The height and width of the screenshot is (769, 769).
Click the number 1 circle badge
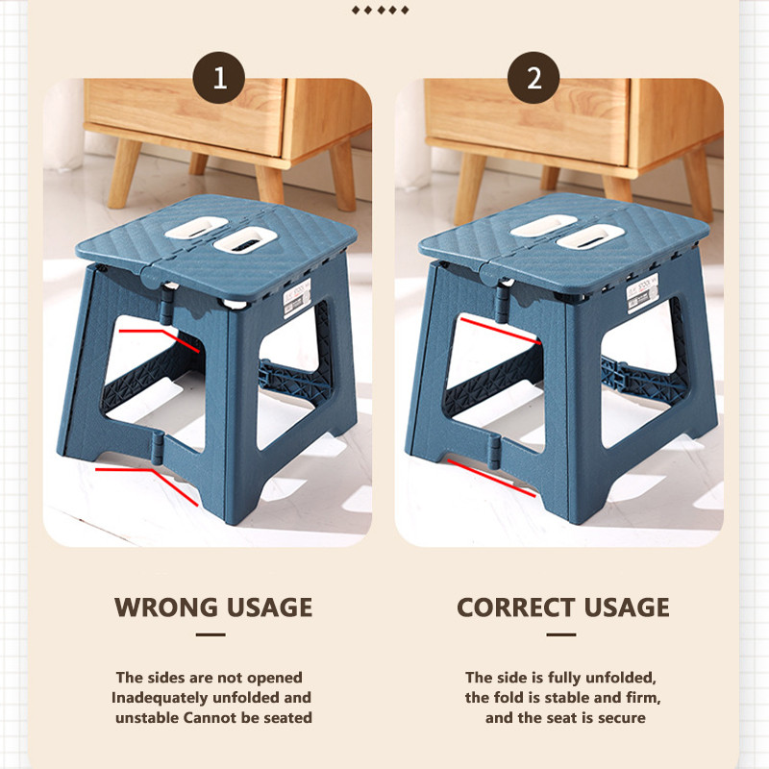pos(219,78)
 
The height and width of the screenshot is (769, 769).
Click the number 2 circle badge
pos(533,78)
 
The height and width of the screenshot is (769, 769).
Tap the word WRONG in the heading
pos(166,608)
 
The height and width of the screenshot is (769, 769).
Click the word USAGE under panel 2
pos(627,608)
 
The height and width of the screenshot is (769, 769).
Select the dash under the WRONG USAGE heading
pos(211,634)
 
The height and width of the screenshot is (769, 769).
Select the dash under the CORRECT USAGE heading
pos(561,634)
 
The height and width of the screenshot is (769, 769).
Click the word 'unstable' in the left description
pos(147,717)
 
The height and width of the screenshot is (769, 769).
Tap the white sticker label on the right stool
pos(643,293)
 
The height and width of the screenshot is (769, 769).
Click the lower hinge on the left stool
pos(157,449)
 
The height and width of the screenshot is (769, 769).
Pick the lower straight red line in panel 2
pos(491,478)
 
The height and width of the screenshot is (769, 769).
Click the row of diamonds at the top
pos(380,11)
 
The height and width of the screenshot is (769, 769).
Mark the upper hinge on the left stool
pos(165,306)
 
